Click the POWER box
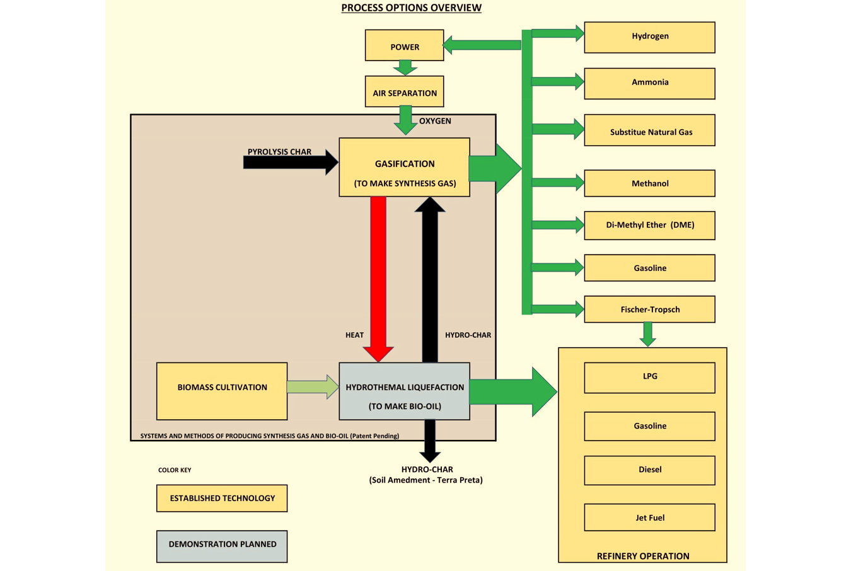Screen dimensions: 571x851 (404, 45)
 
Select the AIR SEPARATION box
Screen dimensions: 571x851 (404, 92)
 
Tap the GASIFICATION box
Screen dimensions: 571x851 (404, 168)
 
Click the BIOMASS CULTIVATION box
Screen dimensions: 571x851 (222, 391)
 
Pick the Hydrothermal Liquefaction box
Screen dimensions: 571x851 (404, 391)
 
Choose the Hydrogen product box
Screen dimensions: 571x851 (649, 37)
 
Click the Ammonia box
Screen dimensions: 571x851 (649, 83)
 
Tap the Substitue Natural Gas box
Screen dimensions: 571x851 (649, 130)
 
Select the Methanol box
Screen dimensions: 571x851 (649, 183)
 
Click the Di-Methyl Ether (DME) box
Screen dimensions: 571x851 (649, 226)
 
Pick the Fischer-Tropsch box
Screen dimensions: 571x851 (649, 309)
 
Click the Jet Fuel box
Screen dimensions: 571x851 (649, 517)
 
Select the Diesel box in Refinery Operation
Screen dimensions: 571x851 (649, 470)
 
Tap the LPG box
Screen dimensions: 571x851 (649, 378)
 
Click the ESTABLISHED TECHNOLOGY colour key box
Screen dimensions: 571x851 (222, 499)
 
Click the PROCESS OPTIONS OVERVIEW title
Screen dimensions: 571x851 (411, 8)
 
